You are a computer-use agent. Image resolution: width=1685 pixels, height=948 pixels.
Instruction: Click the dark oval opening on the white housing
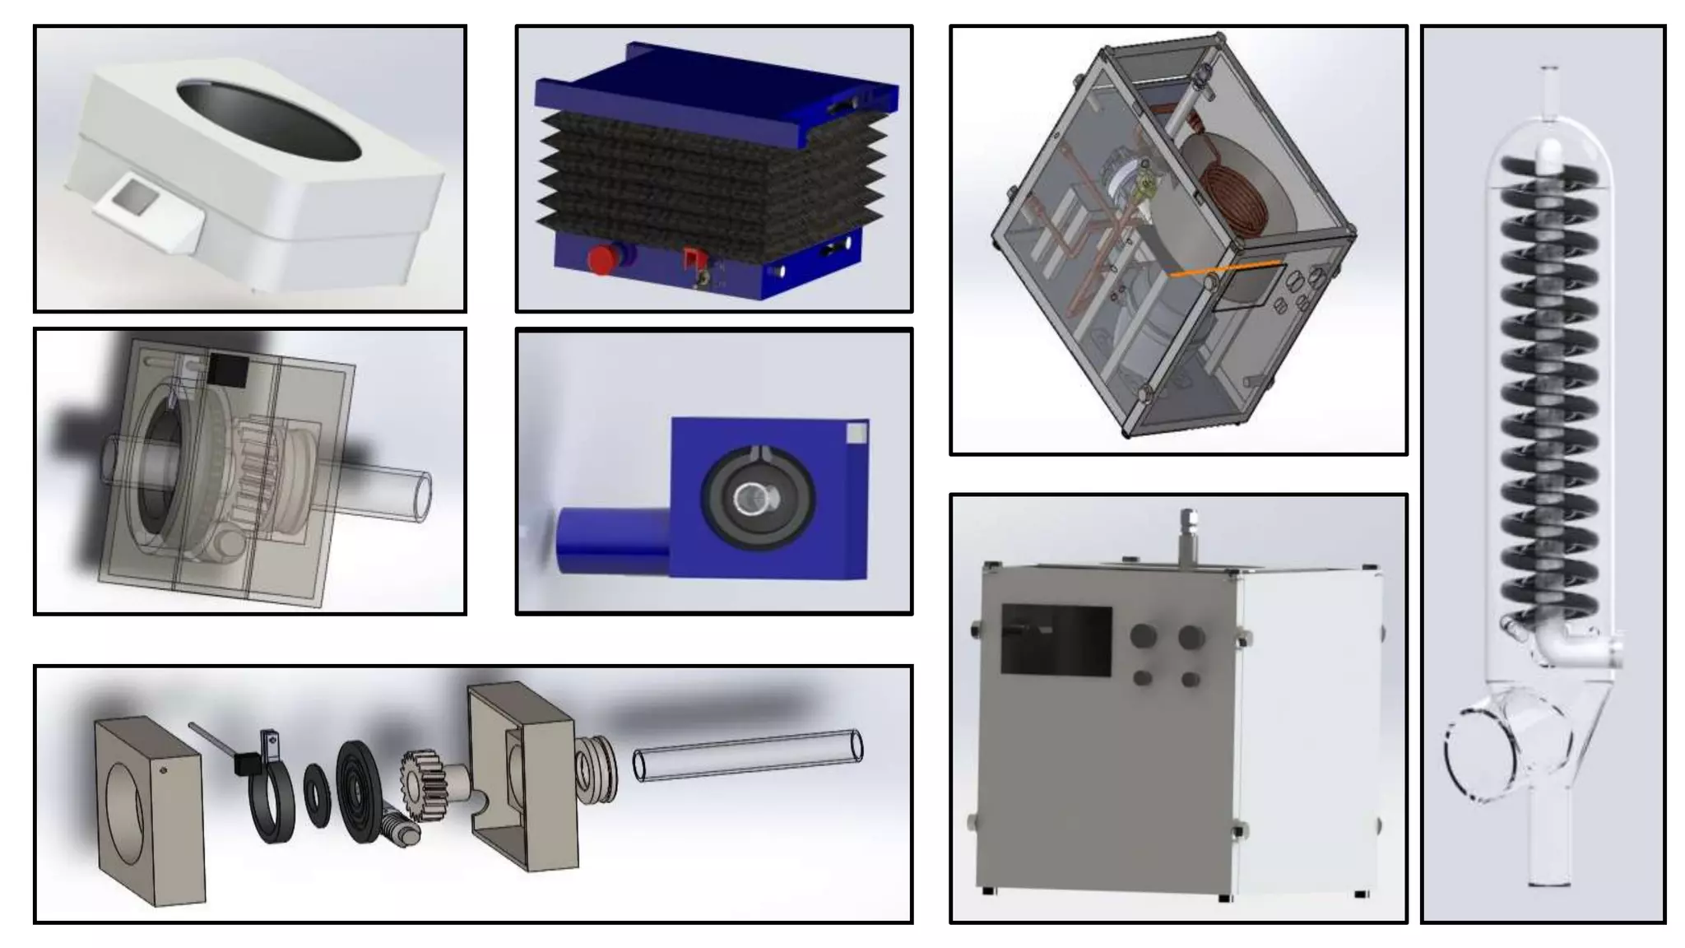tap(268, 120)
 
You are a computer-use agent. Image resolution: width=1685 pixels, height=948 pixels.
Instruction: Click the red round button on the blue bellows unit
tap(603, 259)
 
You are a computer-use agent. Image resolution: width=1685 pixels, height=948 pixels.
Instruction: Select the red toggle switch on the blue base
tap(694, 259)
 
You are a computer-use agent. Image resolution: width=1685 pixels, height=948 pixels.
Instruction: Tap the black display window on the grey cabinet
tap(1056, 640)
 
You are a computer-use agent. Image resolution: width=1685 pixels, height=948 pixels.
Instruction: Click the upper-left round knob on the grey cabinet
tap(1142, 635)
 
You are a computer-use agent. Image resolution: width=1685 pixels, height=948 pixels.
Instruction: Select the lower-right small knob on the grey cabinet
tap(1190, 680)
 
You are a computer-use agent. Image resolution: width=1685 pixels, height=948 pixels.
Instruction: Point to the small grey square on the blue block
tap(856, 433)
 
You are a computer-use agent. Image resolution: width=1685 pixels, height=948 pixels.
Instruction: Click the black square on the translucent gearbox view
tap(227, 370)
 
